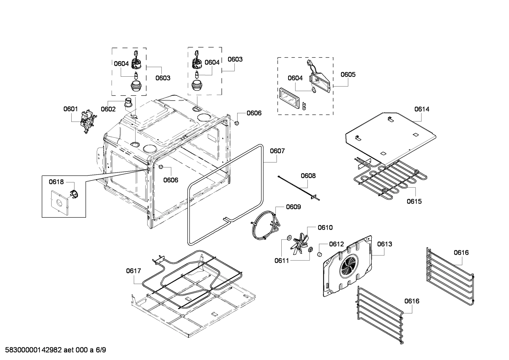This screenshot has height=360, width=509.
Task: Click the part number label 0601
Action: point(71,109)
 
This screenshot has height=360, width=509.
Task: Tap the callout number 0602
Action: point(108,109)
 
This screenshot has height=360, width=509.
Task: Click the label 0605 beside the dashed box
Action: point(348,75)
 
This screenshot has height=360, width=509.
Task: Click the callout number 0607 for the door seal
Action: point(277,151)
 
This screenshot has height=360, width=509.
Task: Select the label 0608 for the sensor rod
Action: point(308,176)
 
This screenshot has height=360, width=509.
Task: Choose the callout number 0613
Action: point(384,244)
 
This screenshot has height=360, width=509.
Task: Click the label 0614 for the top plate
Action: point(422,109)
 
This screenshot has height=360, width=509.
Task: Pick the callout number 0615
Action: point(414,201)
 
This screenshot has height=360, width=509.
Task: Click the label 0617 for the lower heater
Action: point(133,271)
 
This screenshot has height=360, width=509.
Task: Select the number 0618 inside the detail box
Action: point(56,182)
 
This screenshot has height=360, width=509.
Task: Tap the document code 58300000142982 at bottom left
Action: point(31,350)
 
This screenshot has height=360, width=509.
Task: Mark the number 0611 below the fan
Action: point(282,261)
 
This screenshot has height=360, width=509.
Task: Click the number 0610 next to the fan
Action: point(325,228)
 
